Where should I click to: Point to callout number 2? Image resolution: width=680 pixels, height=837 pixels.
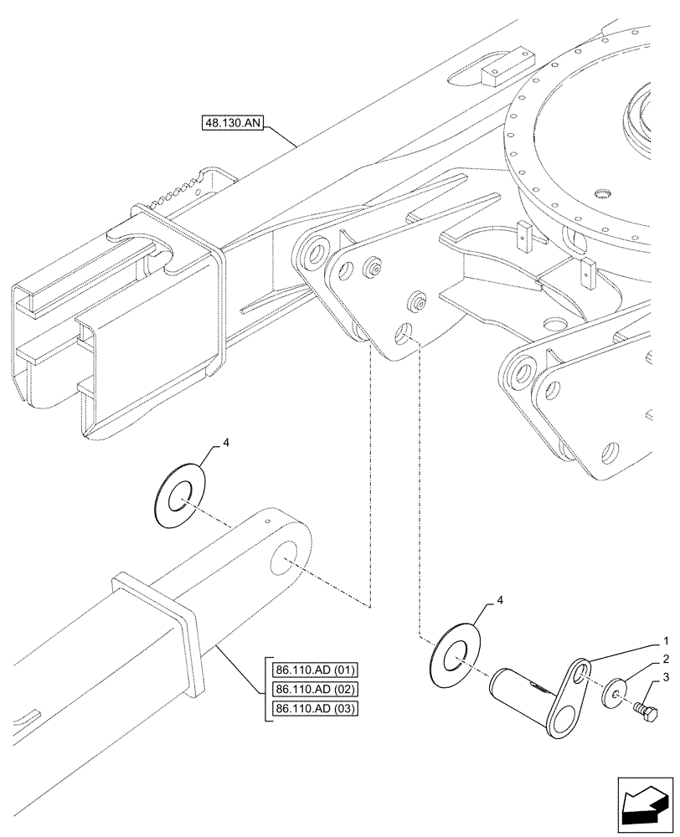click(664, 659)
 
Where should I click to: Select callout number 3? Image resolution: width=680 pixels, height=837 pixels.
click(664, 677)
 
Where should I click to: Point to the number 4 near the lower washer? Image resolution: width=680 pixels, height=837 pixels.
click(500, 601)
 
